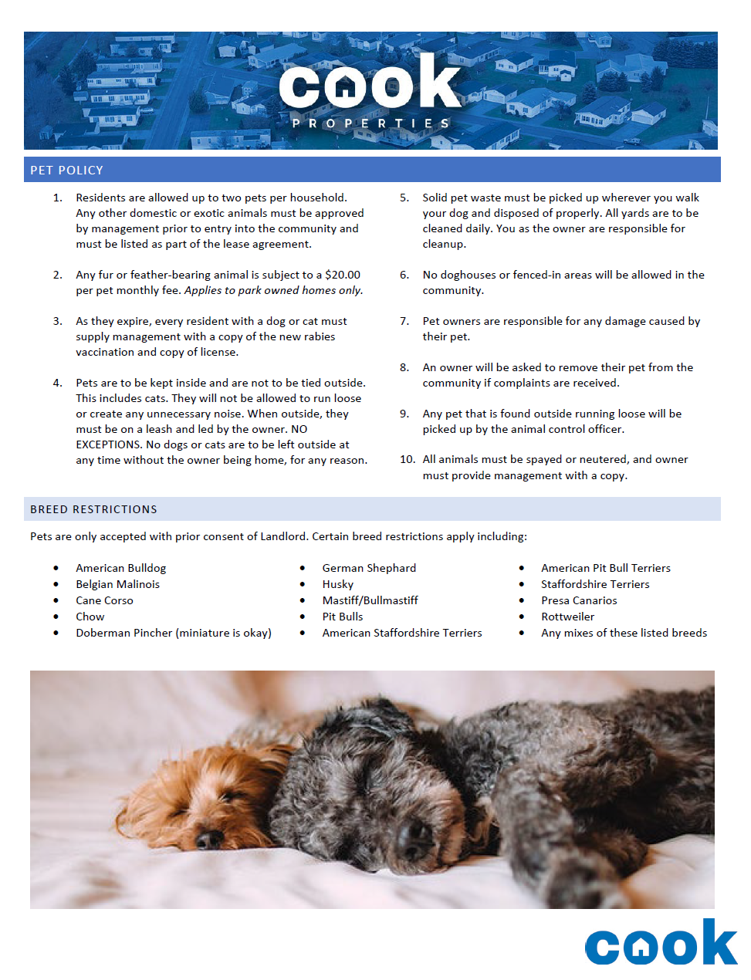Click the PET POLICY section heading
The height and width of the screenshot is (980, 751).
coord(66,171)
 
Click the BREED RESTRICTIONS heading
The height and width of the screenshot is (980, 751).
coord(93,509)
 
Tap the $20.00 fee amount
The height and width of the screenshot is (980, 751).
coord(343,275)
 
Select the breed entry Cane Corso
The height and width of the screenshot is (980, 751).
coord(104,600)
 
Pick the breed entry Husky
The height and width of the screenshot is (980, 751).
coord(337,584)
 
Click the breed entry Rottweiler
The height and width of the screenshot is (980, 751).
coord(567,617)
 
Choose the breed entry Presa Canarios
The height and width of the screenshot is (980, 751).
coord(579,600)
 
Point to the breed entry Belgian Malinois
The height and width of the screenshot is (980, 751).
coord(117,584)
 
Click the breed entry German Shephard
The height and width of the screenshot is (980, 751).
coord(369,568)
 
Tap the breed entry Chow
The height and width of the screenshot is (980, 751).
coord(90,617)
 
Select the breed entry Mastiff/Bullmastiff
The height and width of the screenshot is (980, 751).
coord(370,600)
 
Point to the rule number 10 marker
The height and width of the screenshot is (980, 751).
coord(407,459)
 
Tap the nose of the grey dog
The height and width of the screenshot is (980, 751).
coord(414,833)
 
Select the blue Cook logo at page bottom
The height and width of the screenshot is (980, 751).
coord(660,943)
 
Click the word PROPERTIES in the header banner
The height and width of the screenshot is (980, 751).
coord(370,123)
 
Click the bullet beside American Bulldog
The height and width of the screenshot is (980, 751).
coord(56,568)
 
